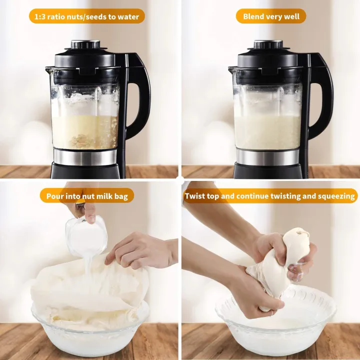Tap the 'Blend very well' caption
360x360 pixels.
pos(270,16)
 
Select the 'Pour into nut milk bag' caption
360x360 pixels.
pos(87,195)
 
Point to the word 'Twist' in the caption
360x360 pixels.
pos(195,196)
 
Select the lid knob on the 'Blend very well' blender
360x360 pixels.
pos(269,44)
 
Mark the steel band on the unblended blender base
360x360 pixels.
pos(85,156)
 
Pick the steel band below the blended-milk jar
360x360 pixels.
pos(268,156)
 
